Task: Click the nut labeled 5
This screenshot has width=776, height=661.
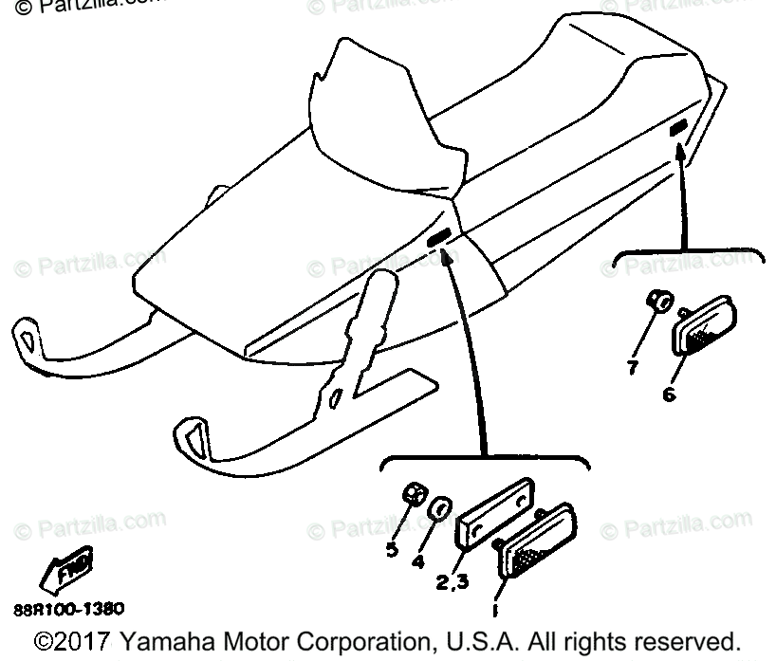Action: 414,494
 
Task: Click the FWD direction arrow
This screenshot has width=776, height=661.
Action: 67,570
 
